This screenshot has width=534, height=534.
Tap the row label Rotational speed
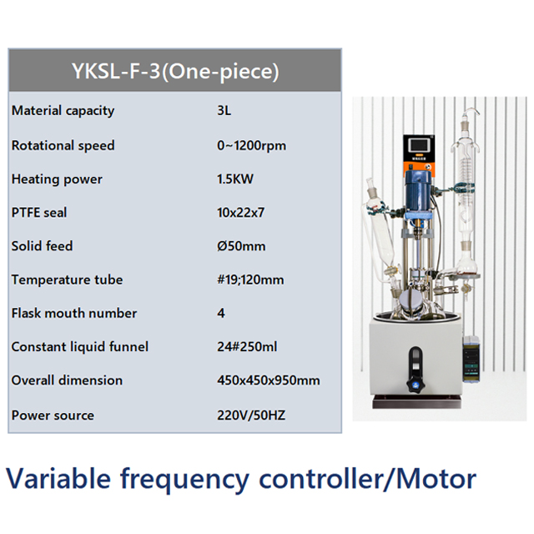(x=63, y=145)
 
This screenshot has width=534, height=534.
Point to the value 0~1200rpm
(x=251, y=145)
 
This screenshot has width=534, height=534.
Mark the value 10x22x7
(x=240, y=213)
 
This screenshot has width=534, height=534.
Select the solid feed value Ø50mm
(x=240, y=246)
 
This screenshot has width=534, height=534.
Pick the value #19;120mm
(x=249, y=280)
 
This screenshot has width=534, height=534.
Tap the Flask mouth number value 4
(x=220, y=314)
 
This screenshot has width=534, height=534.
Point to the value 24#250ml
(x=246, y=346)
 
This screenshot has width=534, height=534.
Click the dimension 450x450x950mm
(x=268, y=380)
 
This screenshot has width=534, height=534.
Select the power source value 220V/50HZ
(x=250, y=415)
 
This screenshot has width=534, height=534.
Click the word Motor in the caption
(x=436, y=479)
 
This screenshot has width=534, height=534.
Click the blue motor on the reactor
(x=417, y=194)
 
